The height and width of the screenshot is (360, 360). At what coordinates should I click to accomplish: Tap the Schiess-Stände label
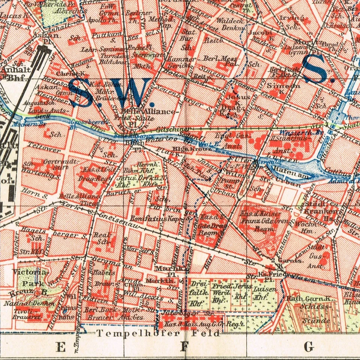(x=315, y=313)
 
